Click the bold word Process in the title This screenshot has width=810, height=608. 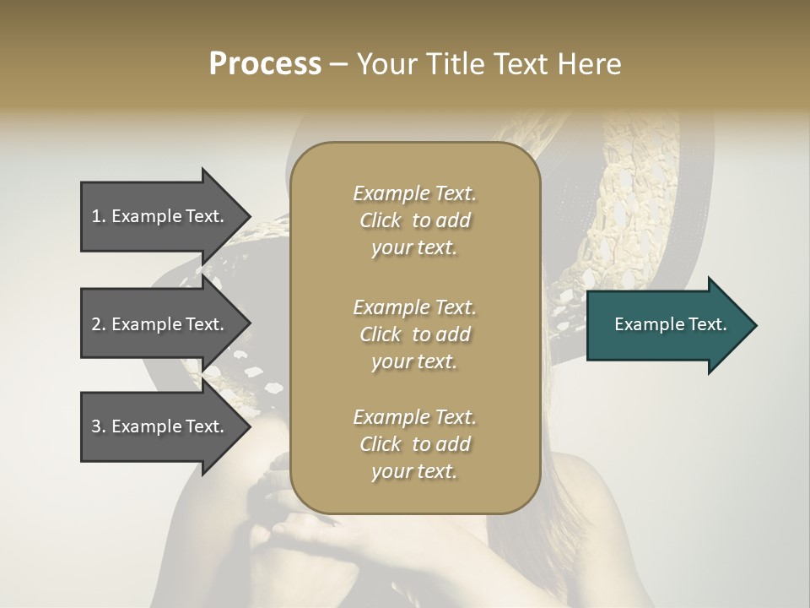pos(265,64)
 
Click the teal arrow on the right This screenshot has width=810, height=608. pos(667,325)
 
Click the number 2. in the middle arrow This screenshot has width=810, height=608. pos(99,324)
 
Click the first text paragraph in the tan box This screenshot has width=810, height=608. pos(414,220)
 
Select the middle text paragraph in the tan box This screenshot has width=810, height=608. pos(414,334)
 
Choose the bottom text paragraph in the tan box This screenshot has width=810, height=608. pos(414,444)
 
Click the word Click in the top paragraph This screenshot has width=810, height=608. pos(381,220)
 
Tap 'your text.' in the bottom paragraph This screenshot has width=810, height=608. pos(414,471)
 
